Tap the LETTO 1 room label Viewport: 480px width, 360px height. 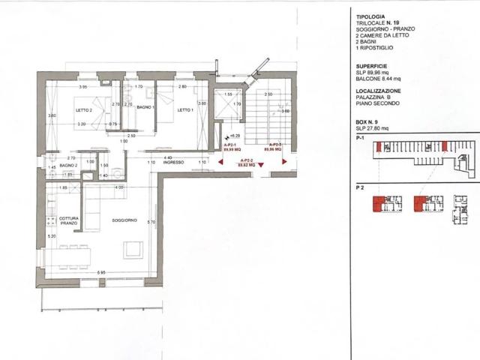point(185,109)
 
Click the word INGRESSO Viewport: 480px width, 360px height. point(175,162)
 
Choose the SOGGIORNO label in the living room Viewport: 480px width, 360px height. point(124,220)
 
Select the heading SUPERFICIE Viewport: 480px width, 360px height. point(373,65)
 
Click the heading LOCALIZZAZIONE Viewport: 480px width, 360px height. point(379,91)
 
